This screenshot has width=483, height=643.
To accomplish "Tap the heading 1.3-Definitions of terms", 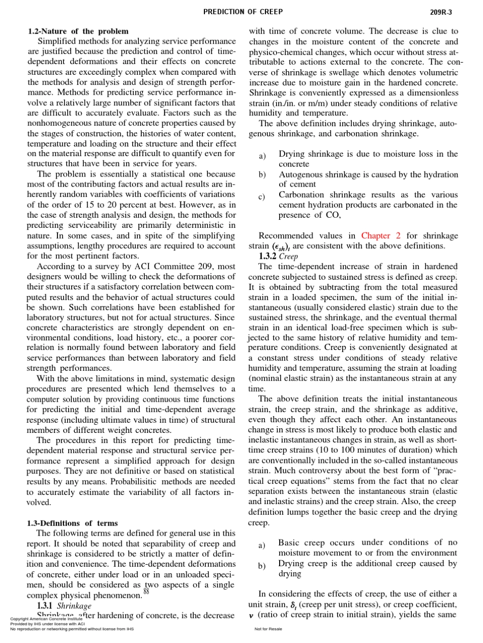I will click(72, 523).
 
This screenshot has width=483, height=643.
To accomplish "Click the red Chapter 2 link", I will click(381, 236).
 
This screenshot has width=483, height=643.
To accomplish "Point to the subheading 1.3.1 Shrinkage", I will click(64, 606).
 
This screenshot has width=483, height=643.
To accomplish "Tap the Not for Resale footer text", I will click(268, 629).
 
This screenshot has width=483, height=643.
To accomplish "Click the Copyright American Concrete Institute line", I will click(50, 619).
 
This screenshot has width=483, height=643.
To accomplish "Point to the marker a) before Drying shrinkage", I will click(262, 156).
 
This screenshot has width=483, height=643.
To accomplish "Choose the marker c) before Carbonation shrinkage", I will click(262, 197).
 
